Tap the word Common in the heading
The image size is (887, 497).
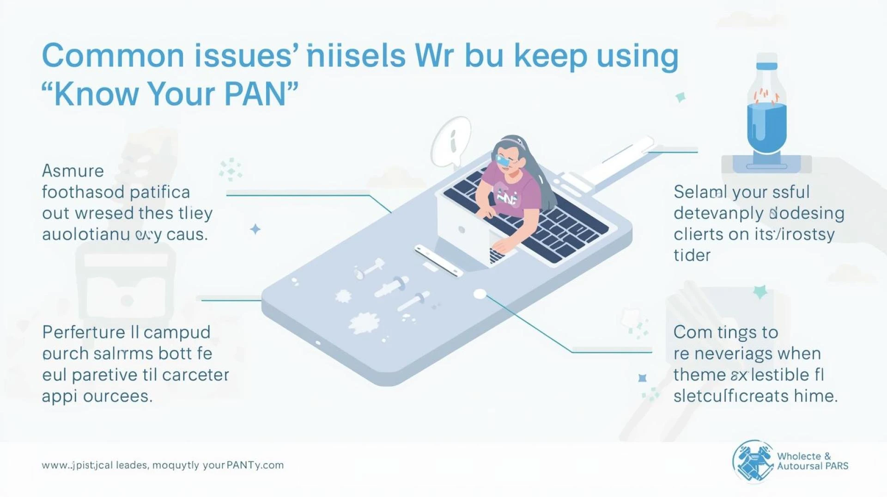click(113, 56)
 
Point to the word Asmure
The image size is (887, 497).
click(73, 171)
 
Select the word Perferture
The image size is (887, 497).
click(83, 332)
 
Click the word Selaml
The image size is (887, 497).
click(700, 192)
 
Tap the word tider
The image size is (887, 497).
click(692, 256)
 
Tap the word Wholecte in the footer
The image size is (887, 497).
click(799, 456)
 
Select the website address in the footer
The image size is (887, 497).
click(163, 465)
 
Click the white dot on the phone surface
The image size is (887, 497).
click(480, 294)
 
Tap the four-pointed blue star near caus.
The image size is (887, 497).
click(255, 229)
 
